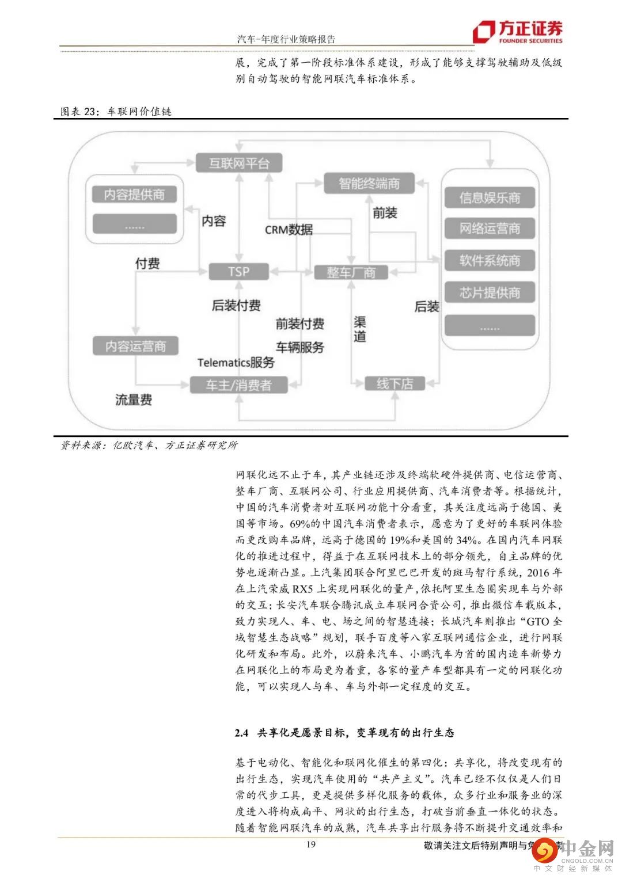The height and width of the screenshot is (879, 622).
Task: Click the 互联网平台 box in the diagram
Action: tap(239, 163)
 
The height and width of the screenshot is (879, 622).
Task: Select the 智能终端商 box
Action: tap(369, 184)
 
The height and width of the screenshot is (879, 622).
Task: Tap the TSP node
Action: tap(238, 271)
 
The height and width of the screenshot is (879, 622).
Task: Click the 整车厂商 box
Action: tap(351, 272)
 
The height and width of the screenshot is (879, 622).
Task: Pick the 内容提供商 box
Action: tap(134, 195)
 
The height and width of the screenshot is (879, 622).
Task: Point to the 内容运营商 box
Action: tap(135, 346)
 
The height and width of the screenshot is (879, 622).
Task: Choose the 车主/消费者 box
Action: tap(238, 385)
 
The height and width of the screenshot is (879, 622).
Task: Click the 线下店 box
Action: tap(395, 383)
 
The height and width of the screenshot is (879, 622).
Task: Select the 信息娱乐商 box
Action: tap(490, 198)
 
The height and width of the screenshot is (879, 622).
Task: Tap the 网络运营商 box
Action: tap(490, 229)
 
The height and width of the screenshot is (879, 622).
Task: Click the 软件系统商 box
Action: tap(490, 261)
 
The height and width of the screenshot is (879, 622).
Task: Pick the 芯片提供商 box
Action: tap(490, 293)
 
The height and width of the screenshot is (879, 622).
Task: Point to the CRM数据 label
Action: tap(289, 230)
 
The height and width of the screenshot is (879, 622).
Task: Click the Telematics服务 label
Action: tap(236, 363)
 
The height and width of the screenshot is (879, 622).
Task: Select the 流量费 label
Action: tap(134, 399)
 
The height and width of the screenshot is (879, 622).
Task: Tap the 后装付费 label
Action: tap(236, 306)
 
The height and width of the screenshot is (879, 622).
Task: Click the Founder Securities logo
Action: tap(517, 32)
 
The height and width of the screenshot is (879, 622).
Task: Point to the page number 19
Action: tap(310, 844)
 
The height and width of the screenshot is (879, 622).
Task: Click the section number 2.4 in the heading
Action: tap(241, 733)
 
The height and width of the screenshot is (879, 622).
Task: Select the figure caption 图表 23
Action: tap(81, 111)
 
